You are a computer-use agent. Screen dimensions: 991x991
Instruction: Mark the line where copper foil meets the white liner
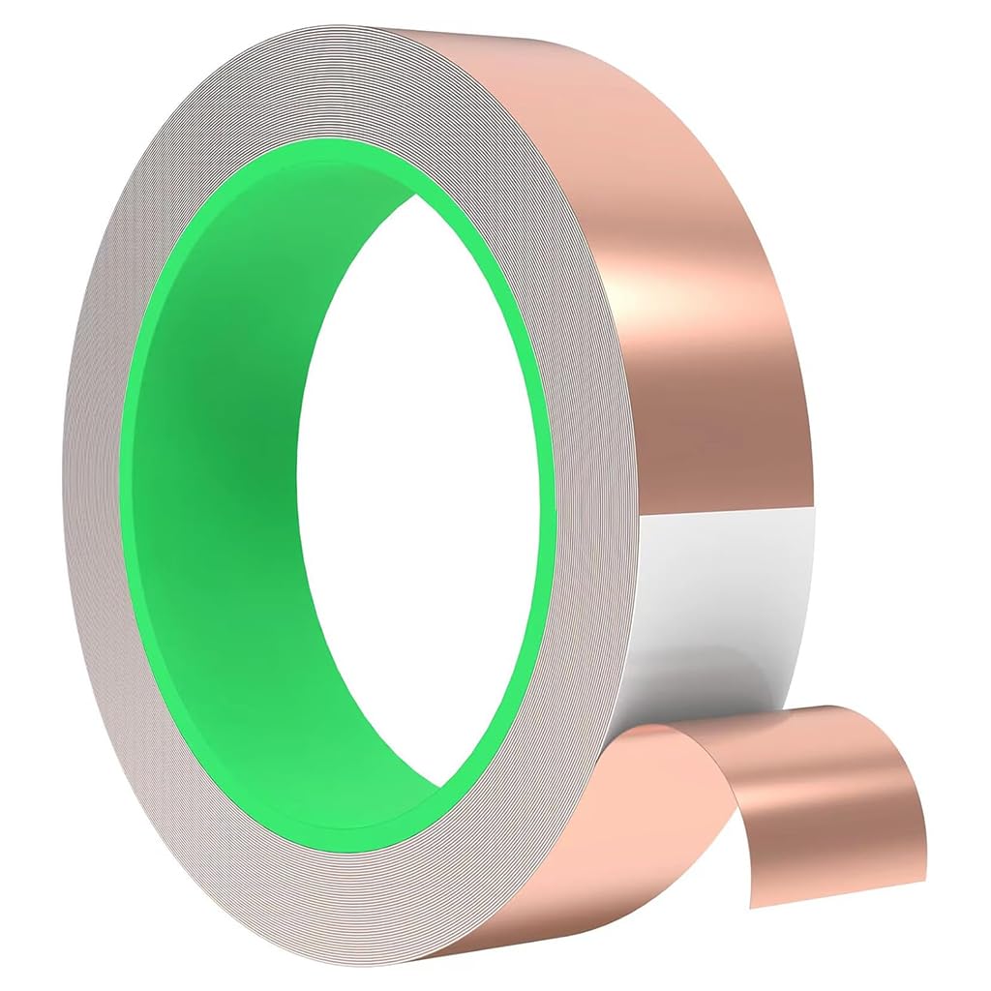pyautogui.click(x=726, y=510)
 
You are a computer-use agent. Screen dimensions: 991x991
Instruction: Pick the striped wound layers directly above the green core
pyautogui.click(x=319, y=87)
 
